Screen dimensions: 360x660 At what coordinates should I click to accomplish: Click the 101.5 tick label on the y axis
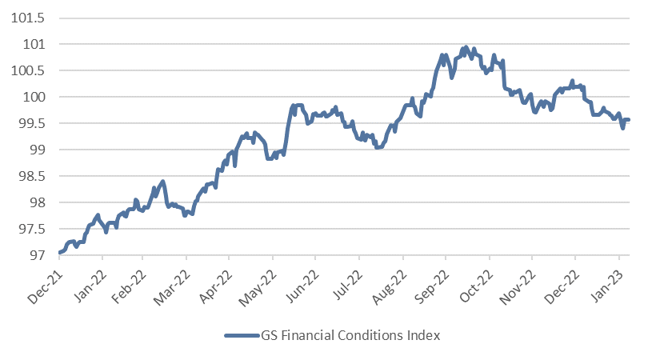[x=30, y=18]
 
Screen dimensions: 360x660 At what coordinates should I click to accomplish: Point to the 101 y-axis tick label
[x=35, y=44]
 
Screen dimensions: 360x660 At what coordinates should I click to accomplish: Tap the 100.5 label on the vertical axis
[x=30, y=70]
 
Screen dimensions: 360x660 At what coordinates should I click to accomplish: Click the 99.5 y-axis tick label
[x=32, y=123]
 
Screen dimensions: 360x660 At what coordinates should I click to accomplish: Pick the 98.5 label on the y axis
[x=32, y=176]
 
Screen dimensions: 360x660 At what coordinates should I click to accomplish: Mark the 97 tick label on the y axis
[x=38, y=255]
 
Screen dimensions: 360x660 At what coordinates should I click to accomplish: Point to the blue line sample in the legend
[x=242, y=336]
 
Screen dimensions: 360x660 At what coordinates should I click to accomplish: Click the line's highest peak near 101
[x=465, y=47]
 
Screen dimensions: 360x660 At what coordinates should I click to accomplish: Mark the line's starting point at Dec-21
[x=60, y=253]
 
